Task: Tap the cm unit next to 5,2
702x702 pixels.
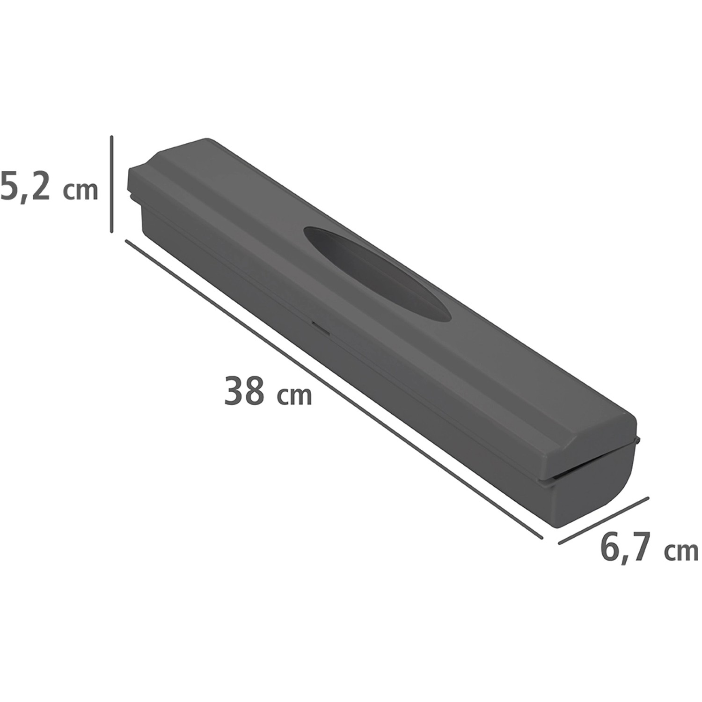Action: (x=81, y=190)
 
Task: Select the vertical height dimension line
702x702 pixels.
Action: (x=111, y=184)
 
